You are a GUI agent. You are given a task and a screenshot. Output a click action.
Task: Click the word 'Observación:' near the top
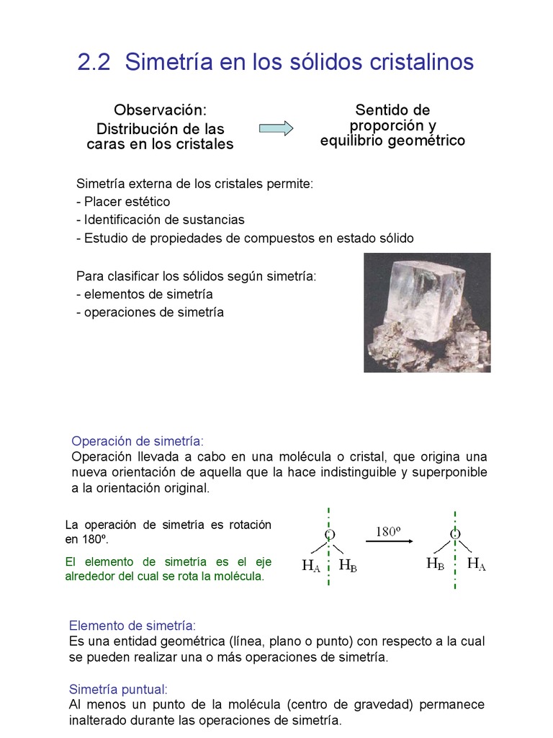[x=160, y=110]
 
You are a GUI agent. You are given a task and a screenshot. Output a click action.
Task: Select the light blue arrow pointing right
[x=276, y=128]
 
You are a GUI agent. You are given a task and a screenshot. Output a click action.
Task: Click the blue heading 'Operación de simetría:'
[x=138, y=441]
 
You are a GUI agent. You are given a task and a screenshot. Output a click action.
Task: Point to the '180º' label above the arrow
[x=387, y=532]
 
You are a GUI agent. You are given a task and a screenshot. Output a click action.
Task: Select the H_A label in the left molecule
[x=311, y=566]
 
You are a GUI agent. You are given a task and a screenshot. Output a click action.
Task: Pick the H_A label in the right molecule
[x=477, y=564]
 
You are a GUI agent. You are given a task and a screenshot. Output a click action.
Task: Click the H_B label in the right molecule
[x=435, y=564]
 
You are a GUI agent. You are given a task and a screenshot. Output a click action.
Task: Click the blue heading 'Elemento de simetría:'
[x=132, y=626]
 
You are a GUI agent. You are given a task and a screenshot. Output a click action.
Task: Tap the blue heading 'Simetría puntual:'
[x=119, y=689]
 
